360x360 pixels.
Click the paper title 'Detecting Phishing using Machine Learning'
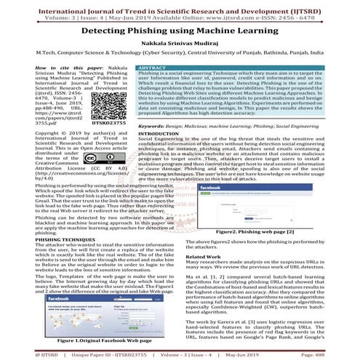pos(180,33)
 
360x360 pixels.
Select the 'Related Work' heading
pos(203,257)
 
